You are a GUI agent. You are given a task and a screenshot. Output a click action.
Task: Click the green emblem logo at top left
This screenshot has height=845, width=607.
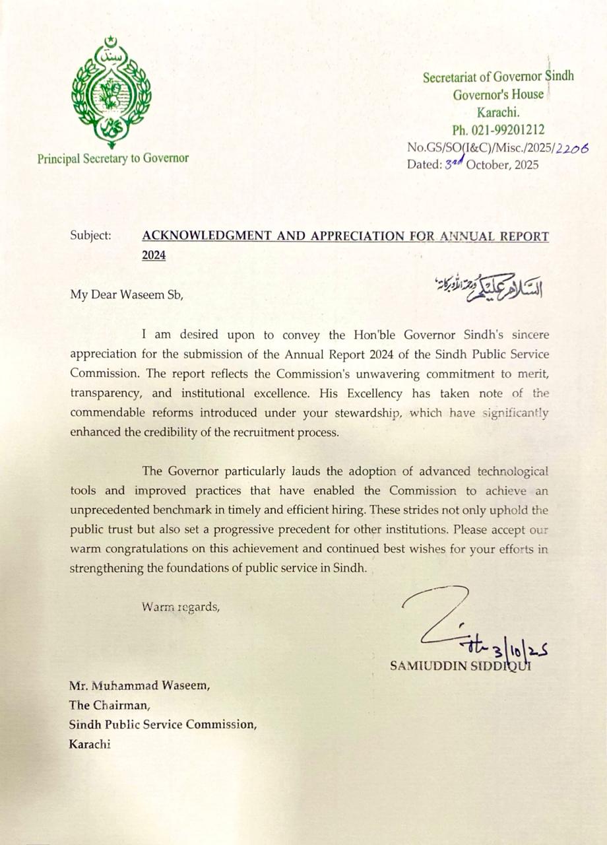click(111, 92)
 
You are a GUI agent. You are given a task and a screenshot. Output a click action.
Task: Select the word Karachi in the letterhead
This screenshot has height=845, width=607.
click(497, 113)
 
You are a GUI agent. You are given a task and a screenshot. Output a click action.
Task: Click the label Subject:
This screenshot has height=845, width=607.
click(91, 236)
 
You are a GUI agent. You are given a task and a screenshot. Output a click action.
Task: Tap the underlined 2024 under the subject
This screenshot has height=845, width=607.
click(154, 255)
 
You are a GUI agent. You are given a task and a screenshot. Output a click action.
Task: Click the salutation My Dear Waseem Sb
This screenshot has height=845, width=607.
click(125, 295)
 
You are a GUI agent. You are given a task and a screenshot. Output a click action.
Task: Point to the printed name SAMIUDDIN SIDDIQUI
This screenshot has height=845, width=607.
click(460, 665)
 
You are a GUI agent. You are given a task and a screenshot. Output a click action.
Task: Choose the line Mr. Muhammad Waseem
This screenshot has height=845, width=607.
click(140, 686)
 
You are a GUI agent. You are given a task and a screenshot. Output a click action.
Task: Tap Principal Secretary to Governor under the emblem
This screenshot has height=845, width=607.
click(113, 158)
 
